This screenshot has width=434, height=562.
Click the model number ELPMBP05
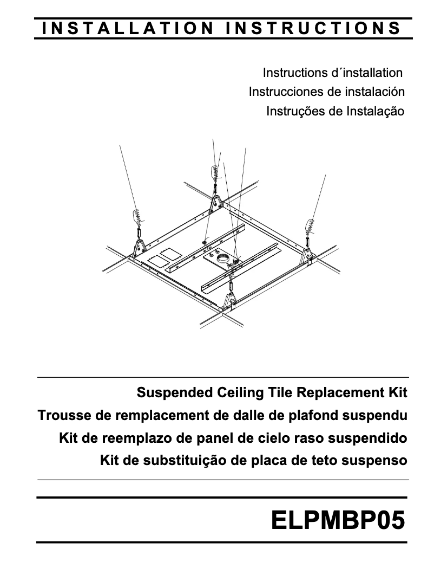(x=338, y=520)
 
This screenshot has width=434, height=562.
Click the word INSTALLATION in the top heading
(x=128, y=28)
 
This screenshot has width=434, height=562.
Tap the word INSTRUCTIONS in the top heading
(x=313, y=28)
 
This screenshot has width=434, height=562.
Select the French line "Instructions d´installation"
(x=333, y=73)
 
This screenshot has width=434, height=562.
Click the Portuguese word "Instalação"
(x=376, y=111)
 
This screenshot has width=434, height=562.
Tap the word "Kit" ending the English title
(x=398, y=392)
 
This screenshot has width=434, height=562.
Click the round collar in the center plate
(x=225, y=257)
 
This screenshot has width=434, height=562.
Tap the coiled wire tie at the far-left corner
(x=137, y=216)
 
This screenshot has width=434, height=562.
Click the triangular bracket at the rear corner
(x=216, y=205)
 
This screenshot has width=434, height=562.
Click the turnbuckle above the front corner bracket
(x=231, y=287)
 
